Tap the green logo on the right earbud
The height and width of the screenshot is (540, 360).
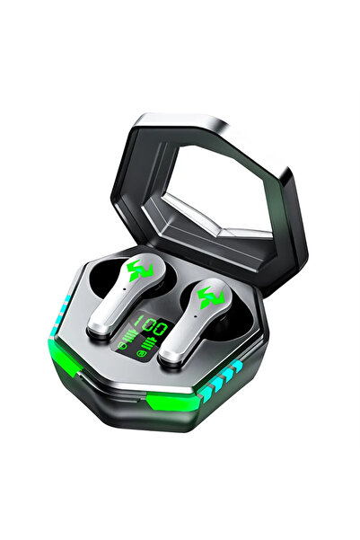[211, 296]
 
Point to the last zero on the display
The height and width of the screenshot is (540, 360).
[161, 330]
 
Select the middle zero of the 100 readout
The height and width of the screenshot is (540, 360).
[150, 326]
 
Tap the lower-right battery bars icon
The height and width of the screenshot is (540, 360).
[150, 344]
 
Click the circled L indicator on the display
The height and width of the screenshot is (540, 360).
[121, 345]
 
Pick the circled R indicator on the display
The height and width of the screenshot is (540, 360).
[140, 353]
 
